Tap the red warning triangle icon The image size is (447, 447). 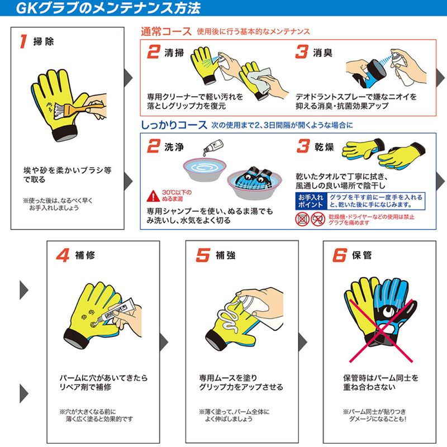coord(153,196)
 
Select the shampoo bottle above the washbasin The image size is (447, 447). coord(213,147)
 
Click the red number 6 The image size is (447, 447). coord(340,255)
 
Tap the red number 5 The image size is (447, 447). coord(203,255)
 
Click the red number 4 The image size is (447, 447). coord(63,255)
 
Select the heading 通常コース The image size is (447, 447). coord(166,31)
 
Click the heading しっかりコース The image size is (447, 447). coord(174,125)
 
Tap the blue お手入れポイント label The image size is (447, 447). coord(311,201)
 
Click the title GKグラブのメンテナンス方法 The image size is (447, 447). coord(108,8)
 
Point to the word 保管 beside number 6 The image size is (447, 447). coord(362,255)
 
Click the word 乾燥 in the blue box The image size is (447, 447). coord(324,147)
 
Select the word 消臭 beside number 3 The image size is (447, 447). coord(323,53)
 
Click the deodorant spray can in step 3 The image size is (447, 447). coord(402,68)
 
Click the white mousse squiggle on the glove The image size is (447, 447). coord(230,317)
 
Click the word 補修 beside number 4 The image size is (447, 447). coord(85,255)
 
